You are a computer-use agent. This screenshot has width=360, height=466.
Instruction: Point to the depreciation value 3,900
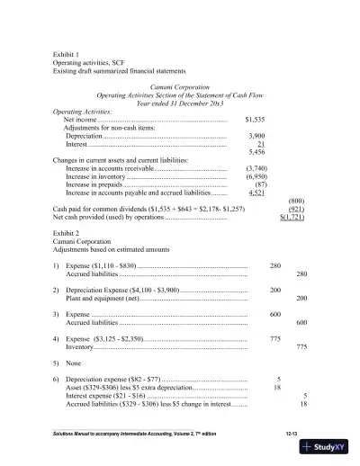[256, 135]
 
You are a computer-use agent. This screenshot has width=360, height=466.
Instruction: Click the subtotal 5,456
[256, 151]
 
